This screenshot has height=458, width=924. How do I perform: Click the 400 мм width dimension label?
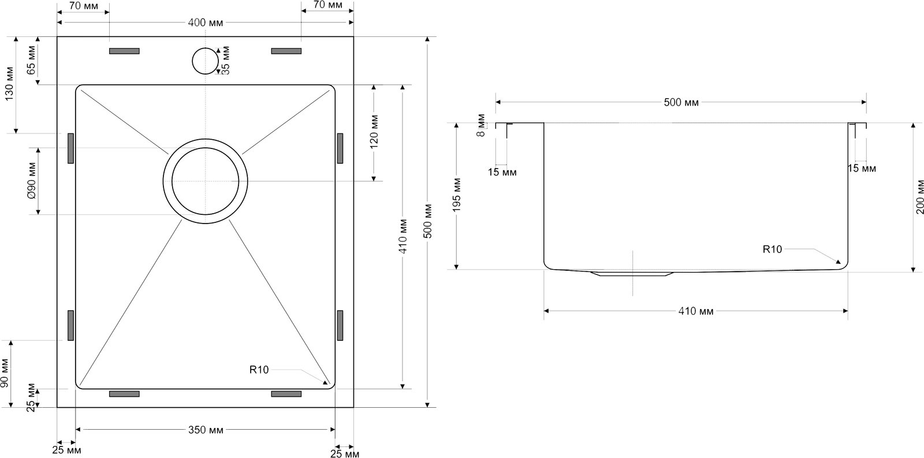[205, 23]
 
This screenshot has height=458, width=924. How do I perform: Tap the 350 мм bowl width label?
[206, 430]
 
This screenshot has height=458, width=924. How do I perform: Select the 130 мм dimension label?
[9, 84]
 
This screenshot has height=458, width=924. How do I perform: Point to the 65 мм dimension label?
[31, 60]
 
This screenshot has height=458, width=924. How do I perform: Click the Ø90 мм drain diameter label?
[32, 181]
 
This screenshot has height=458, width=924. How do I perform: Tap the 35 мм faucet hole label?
[225, 60]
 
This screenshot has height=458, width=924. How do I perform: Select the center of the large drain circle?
[205, 181]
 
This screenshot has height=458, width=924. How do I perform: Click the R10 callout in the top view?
[259, 370]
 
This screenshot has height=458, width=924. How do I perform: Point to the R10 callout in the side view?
[772, 250]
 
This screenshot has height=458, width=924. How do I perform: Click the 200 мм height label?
[919, 197]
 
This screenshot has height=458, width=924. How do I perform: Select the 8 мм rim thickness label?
[481, 125]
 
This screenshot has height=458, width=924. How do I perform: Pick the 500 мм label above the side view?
[681, 102]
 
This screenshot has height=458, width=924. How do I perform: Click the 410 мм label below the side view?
[696, 311]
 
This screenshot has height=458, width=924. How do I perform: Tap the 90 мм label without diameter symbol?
[4, 373]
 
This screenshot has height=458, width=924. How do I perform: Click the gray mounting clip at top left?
[124, 51]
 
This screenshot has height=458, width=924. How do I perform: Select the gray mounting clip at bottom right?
[286, 394]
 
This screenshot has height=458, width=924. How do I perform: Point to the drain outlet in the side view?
[632, 274]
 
